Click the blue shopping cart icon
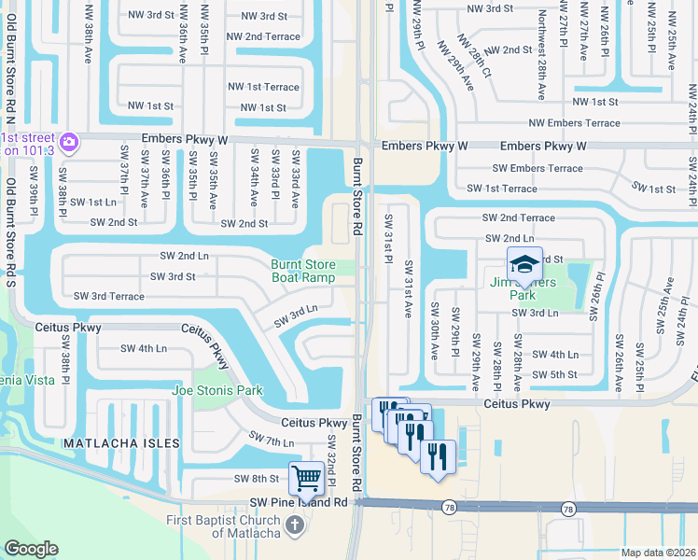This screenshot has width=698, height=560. coord(306,479)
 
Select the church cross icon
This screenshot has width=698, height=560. coord(294,525)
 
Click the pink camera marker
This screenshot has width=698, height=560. coord(69,143)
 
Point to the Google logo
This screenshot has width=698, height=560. coord(31,549)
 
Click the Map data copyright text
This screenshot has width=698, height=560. coord(658,553)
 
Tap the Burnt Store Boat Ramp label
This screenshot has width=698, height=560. coord(303,272)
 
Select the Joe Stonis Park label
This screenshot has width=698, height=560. coord(217,391)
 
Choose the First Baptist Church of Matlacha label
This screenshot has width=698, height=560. coord(223,527)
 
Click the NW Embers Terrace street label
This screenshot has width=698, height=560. coord(574,123)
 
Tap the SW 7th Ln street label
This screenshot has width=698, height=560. coord(272,438)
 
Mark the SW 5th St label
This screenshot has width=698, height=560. coord(555,374)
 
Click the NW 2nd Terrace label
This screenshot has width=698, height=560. coord(271,36)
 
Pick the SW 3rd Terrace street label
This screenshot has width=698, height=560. coord(109,296)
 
